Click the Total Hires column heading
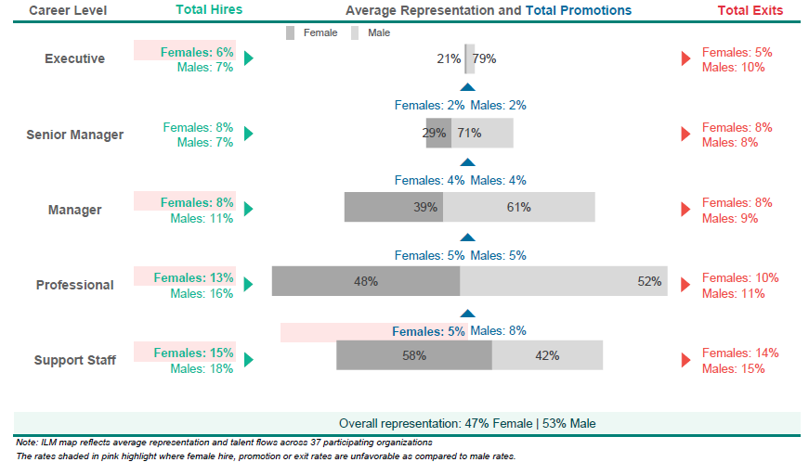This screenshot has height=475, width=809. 209,10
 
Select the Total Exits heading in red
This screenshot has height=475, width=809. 750,10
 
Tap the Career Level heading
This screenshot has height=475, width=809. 68,10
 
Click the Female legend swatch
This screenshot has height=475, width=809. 291,33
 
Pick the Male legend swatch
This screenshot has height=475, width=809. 355,33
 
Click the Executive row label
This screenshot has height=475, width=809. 75,58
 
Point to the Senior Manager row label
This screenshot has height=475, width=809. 75,135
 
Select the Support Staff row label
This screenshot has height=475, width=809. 75,360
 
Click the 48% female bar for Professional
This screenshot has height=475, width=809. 366,281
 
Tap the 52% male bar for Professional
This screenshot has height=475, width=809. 564,281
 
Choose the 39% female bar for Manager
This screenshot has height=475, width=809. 394,207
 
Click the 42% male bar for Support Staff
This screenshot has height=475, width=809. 547,355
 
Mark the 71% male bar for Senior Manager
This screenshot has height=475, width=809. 482,133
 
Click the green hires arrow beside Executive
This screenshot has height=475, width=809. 249,58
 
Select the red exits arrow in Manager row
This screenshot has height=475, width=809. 685,209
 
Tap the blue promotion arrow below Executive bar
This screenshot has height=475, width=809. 467,87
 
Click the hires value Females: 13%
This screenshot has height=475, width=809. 193,277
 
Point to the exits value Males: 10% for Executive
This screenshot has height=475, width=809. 733,68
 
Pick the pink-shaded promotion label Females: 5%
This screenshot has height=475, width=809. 428,331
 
